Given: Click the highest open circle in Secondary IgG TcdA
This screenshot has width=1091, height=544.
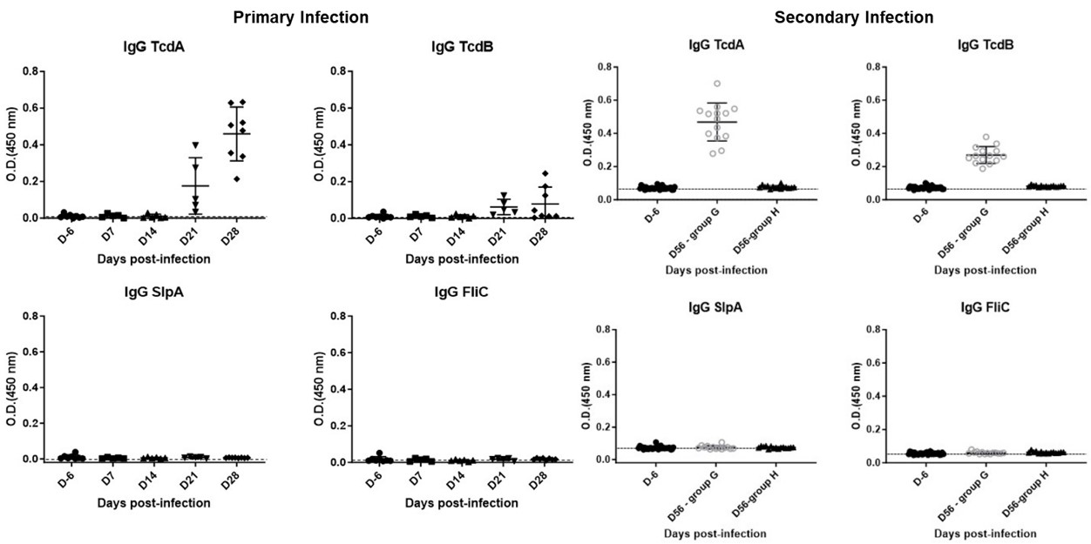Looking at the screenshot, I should click(716, 84).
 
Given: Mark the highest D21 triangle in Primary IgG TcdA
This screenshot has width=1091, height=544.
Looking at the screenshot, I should click(196, 144).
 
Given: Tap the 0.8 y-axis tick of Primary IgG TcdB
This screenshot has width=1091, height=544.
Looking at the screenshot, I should click(331, 71).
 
